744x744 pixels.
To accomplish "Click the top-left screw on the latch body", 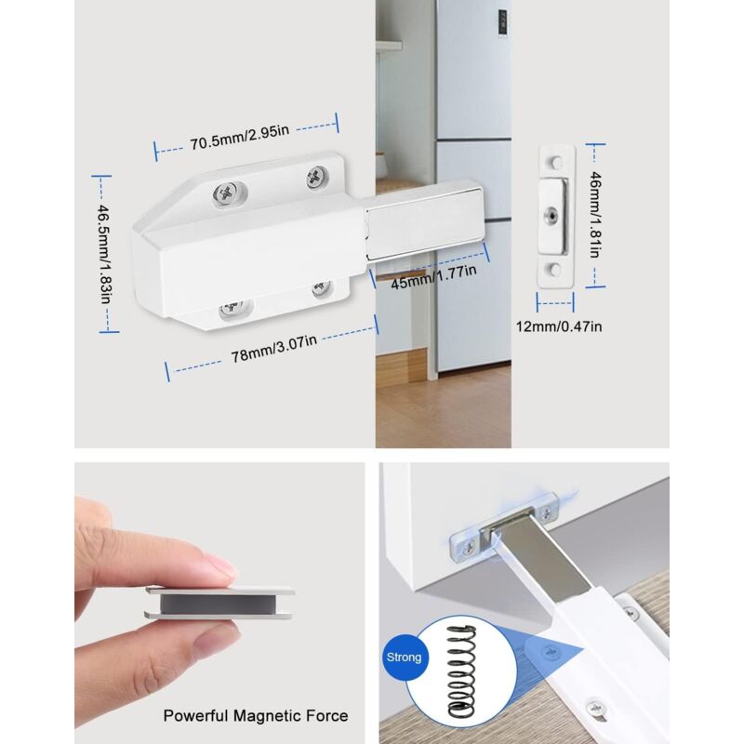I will [x=227, y=193].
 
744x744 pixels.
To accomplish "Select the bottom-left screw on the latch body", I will [x=229, y=310].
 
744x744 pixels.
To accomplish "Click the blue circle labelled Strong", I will [x=405, y=657].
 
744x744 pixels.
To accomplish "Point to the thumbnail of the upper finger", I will [x=220, y=565].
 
